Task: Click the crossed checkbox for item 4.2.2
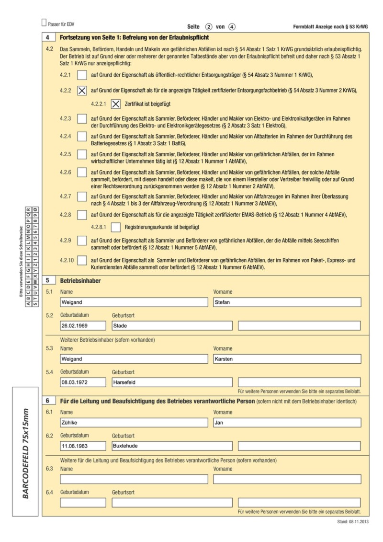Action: click(82, 90)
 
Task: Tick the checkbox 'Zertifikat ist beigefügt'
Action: click(116, 104)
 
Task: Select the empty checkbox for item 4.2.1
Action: click(82, 75)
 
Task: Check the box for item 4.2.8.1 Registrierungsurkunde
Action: click(116, 227)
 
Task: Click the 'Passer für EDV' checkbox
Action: click(45, 23)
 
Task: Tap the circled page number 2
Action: click(209, 27)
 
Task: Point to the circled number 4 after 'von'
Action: click(232, 27)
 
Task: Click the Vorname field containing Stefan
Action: click(287, 302)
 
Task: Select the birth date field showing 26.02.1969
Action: click(83, 326)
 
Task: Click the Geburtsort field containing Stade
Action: click(172, 326)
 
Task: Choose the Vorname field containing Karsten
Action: click(287, 358)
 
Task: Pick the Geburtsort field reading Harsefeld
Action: click(172, 382)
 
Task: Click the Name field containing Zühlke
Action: click(134, 422)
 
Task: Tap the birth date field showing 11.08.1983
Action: click(83, 446)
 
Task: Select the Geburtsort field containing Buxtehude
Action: click(172, 446)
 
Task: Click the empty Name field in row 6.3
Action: click(134, 479)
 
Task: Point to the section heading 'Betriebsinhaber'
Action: click(80, 280)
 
